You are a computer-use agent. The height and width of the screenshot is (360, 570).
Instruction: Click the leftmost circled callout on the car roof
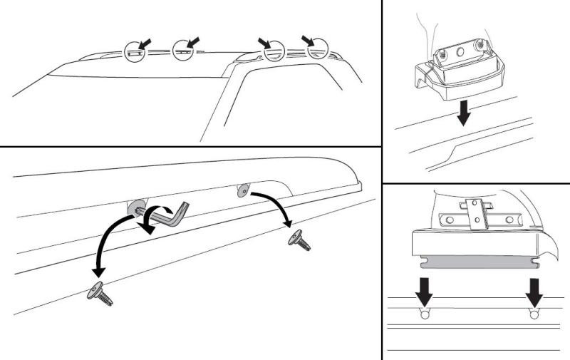133,51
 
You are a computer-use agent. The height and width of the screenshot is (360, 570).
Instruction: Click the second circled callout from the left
183,51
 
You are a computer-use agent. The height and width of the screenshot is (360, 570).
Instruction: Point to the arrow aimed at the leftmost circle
145,44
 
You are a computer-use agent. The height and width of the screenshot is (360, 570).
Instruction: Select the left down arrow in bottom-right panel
425,289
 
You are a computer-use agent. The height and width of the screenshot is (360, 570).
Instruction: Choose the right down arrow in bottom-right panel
534,289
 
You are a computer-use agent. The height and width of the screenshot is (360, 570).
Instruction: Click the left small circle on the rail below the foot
425,313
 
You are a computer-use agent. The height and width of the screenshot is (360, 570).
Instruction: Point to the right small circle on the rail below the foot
534,313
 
